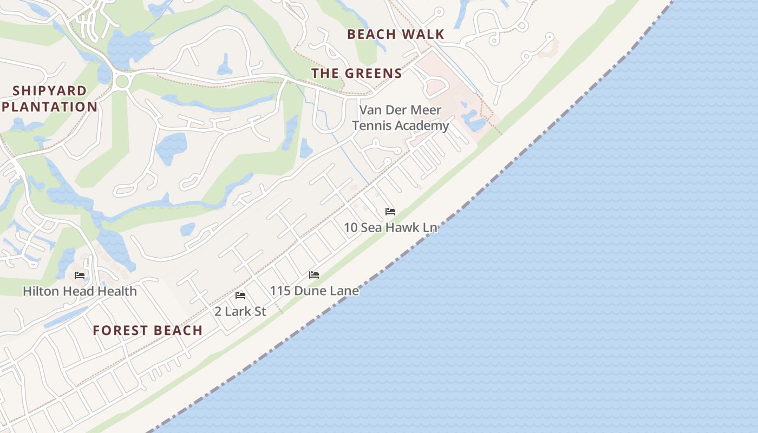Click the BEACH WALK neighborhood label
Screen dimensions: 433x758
(395, 34)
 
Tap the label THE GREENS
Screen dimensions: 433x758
(356, 74)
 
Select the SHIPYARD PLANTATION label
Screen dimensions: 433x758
(49, 99)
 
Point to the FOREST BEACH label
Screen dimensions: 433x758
(147, 330)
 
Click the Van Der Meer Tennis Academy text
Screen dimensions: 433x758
(400, 117)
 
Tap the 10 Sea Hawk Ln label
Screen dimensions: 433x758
(390, 227)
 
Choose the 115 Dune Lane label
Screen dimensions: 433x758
(314, 291)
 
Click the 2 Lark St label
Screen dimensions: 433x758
(240, 311)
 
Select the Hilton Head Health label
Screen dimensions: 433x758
(80, 291)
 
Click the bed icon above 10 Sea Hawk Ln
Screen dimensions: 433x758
(390, 212)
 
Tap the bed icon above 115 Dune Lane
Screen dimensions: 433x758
(313, 275)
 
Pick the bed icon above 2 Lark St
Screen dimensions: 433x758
(240, 296)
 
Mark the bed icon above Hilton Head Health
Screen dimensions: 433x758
(80, 275)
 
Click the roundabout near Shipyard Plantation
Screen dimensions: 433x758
(122, 82)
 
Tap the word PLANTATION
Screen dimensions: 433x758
(49, 107)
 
